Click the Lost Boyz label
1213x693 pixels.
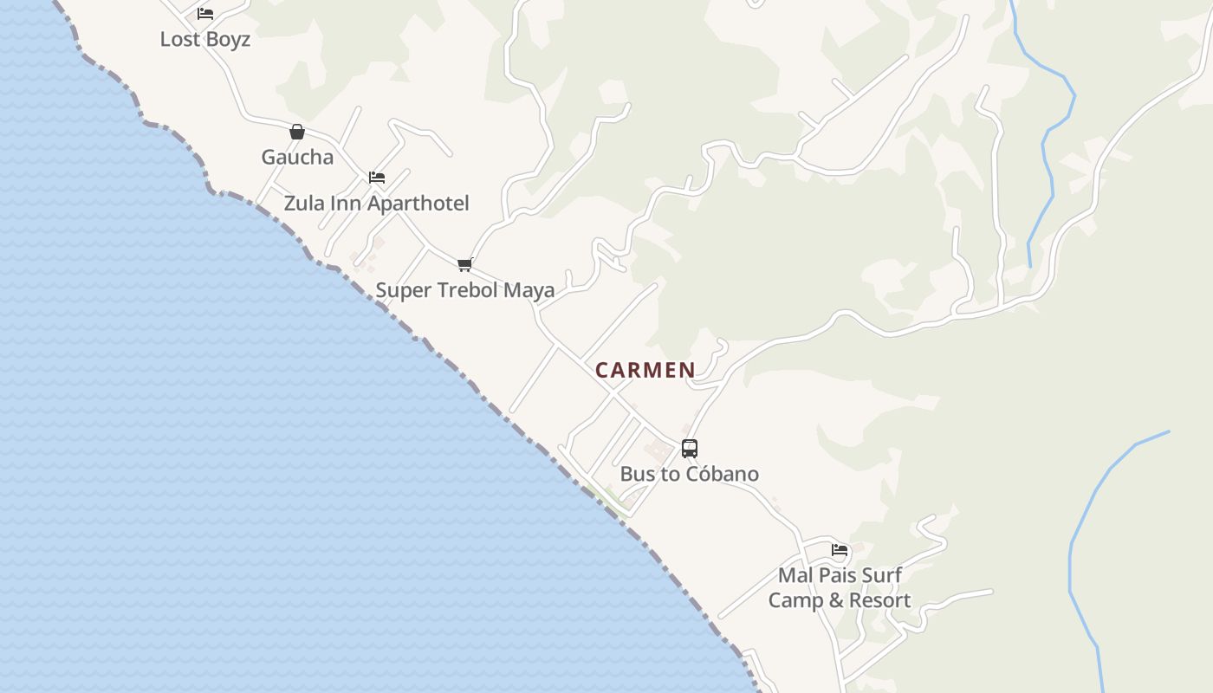pos(205,39)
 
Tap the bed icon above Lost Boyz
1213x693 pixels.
pos(205,14)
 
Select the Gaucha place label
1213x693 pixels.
pos(297,157)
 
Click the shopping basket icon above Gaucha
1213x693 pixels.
pos(297,132)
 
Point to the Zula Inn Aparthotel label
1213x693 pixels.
pos(377,203)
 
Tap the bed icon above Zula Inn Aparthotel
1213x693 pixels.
pos(377,178)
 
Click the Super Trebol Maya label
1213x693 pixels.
pos(465,290)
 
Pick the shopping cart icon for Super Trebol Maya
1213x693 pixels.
pos(465,265)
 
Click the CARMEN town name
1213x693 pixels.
pos(645,370)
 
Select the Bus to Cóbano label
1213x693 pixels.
pos(690,474)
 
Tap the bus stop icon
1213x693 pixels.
pos(690,449)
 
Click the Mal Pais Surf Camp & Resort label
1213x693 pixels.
pos(840,587)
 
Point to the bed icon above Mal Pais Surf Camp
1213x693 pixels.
pos(840,549)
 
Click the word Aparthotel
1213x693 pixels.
pos(418,203)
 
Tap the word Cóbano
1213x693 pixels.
pos(723,474)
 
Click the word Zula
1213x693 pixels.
pos(304,203)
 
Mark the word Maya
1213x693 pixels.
pos(529,290)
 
